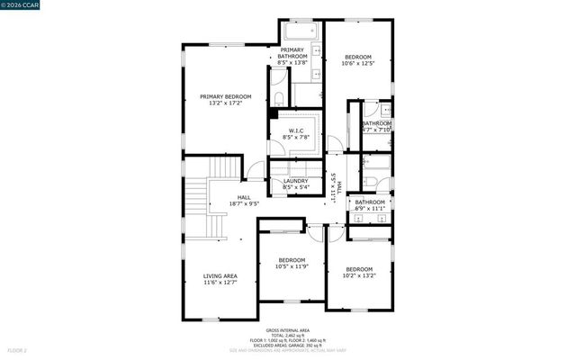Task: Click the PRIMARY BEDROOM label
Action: point(225,97)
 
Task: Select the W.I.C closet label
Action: point(296,130)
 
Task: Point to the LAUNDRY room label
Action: point(296,181)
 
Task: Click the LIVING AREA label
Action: point(220,276)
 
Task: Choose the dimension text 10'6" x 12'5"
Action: point(357,63)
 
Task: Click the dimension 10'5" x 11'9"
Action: point(292,266)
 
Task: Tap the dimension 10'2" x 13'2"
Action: point(359,275)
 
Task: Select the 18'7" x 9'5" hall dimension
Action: point(244,203)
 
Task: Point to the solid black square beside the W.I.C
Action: point(273,114)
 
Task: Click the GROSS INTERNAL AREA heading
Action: point(288,329)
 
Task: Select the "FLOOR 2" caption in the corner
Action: point(17,349)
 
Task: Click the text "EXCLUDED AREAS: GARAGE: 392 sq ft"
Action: point(288,344)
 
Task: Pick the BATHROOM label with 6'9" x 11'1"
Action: point(369,202)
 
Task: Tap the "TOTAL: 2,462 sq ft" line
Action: point(288,334)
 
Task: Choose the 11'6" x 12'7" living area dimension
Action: point(220,283)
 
